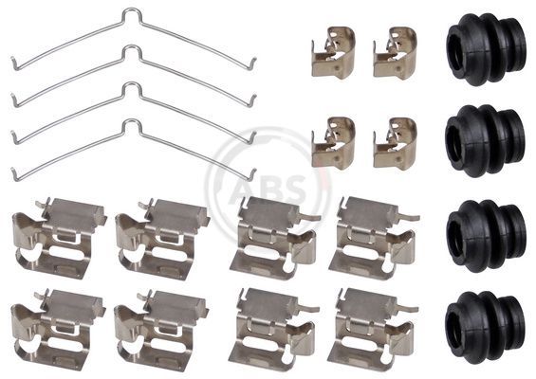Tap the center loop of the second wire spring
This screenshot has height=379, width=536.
(x=131, y=51)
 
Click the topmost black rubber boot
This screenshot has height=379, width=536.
(x=486, y=49)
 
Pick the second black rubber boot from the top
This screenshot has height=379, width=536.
(x=485, y=140)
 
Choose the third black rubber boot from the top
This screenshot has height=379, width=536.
(x=486, y=236)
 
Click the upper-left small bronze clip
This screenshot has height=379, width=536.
(x=333, y=53)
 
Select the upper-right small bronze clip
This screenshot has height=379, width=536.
(x=395, y=53)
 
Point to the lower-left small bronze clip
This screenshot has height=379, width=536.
(x=333, y=143)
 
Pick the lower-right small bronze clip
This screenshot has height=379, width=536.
(x=395, y=143)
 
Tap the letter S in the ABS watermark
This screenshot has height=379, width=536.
(x=293, y=189)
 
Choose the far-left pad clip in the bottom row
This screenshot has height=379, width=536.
(x=58, y=330)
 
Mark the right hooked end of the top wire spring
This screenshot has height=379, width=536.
(x=253, y=63)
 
